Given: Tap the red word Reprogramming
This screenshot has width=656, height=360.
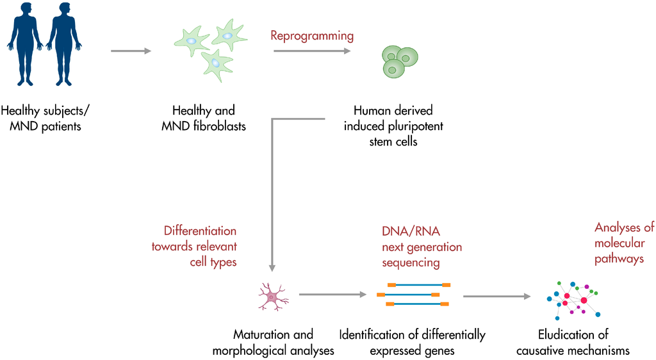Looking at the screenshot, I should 311,35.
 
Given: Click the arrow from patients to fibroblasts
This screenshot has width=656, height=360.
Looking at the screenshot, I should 131,51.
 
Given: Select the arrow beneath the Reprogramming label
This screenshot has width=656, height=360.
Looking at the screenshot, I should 312,51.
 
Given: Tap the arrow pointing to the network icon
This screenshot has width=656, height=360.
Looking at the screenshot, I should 497,297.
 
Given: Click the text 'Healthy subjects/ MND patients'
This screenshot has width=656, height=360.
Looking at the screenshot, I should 45,119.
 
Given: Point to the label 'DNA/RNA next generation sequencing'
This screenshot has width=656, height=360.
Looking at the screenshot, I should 422,247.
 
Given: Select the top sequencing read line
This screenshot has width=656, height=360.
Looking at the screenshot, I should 418,284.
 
